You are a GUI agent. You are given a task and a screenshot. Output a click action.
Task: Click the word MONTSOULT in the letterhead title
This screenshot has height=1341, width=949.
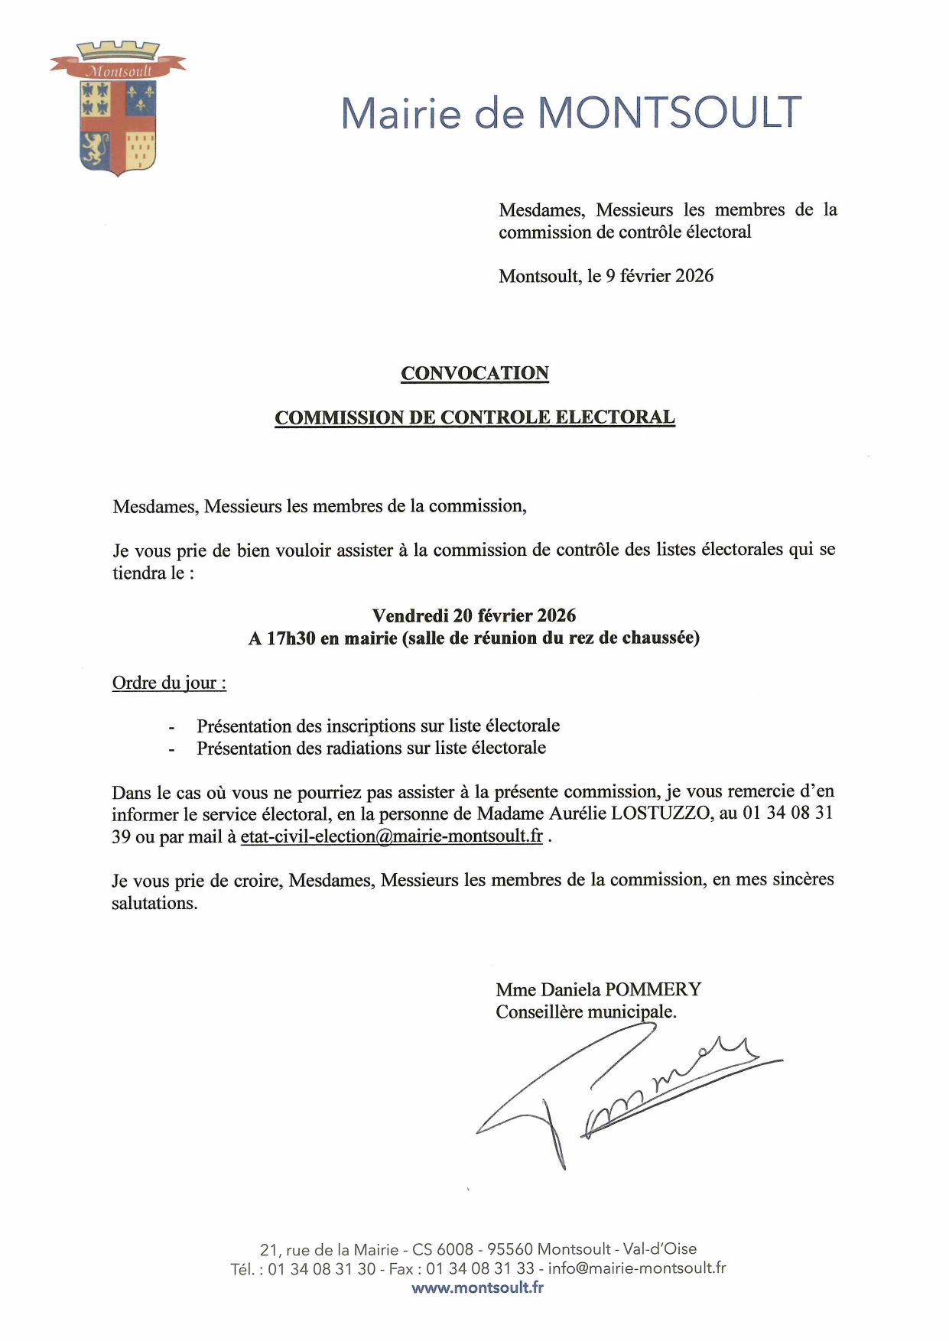(669, 113)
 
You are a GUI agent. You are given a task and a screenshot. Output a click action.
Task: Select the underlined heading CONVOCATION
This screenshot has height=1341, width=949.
(475, 373)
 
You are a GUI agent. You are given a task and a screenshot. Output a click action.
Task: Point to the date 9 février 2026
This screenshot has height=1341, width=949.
(659, 276)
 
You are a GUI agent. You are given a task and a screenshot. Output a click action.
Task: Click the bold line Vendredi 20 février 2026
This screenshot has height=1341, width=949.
(474, 615)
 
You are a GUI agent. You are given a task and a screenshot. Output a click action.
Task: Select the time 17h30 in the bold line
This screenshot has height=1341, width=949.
(291, 638)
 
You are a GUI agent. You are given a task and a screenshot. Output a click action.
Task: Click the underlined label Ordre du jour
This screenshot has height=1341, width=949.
(169, 683)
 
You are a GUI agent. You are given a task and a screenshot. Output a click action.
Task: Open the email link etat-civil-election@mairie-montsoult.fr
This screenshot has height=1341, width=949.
(392, 836)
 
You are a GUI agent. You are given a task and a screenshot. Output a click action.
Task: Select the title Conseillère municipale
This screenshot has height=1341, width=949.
(586, 1012)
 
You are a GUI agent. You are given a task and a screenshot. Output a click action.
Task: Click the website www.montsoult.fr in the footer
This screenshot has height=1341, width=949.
(477, 1287)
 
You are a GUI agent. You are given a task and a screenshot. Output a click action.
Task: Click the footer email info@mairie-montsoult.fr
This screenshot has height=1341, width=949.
(637, 1268)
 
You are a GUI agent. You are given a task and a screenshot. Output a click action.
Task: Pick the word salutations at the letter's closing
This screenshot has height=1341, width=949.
(154, 903)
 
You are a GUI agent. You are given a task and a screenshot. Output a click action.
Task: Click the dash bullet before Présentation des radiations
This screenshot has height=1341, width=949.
(172, 749)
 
